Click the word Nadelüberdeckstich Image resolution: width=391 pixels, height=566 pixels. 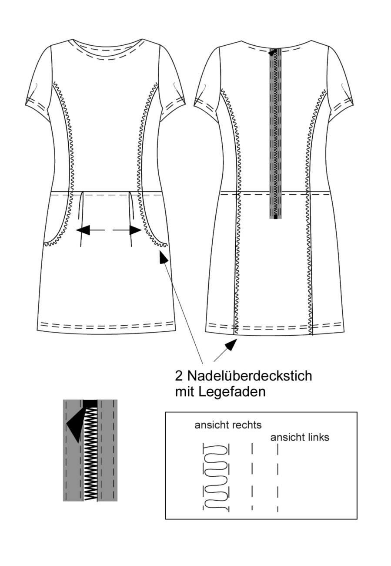pos(250,376)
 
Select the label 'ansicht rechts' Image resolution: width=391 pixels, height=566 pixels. pos(228,425)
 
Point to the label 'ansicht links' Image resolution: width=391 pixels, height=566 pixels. pos(300,438)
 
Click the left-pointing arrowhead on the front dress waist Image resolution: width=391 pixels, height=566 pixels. pos(83,230)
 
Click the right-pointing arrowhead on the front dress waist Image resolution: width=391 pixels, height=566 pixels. pos(135,230)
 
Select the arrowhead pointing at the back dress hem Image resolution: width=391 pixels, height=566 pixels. pos(231,345)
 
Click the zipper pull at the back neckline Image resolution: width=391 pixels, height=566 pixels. pos(272,53)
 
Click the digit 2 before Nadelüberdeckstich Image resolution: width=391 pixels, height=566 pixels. pos(179,376)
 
